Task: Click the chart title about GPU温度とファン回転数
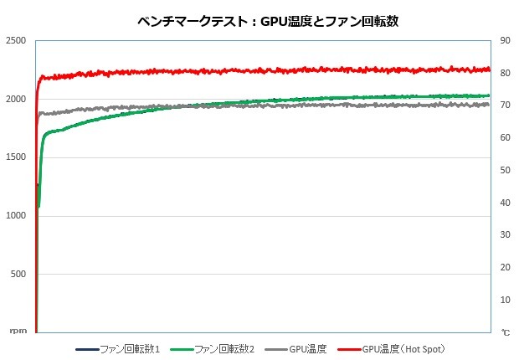267,21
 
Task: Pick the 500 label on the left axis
18,274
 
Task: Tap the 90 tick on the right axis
506,41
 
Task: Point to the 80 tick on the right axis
506,74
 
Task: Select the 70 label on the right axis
506,105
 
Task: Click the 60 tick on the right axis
506,138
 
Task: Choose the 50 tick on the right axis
506,170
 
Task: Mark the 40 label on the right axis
506,203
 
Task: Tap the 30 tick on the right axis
506,235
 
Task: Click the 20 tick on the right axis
506,267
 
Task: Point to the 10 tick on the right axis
506,300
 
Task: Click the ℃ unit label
506,332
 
